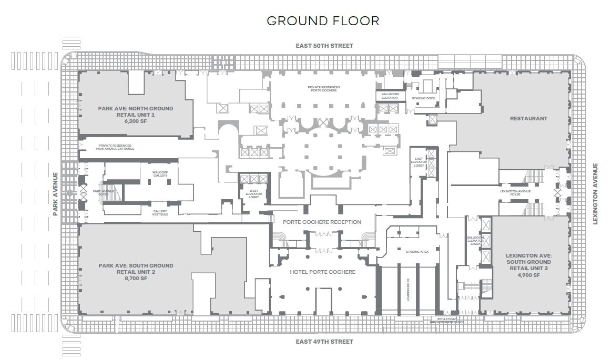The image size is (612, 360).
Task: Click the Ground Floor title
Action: [x=323, y=21]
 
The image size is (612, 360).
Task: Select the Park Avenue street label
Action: [x=55, y=193]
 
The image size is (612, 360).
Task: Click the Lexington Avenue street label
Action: [x=596, y=194]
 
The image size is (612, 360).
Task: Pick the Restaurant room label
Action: [x=528, y=119]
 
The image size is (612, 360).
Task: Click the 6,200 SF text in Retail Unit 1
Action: [x=135, y=121]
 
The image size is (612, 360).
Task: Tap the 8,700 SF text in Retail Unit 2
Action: [x=135, y=279]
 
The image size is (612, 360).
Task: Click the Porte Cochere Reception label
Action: [x=322, y=222]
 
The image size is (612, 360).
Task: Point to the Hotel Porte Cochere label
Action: [x=322, y=272]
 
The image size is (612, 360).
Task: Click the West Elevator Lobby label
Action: [x=253, y=194]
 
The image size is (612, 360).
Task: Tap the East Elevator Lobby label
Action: [x=419, y=162]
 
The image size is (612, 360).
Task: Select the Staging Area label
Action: [x=417, y=252]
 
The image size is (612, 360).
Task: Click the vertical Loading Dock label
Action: [x=407, y=289]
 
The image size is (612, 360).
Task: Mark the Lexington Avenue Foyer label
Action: [x=515, y=193]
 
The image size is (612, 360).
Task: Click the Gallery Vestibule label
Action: [x=160, y=212]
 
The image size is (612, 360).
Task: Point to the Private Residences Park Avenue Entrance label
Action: [x=115, y=147]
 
